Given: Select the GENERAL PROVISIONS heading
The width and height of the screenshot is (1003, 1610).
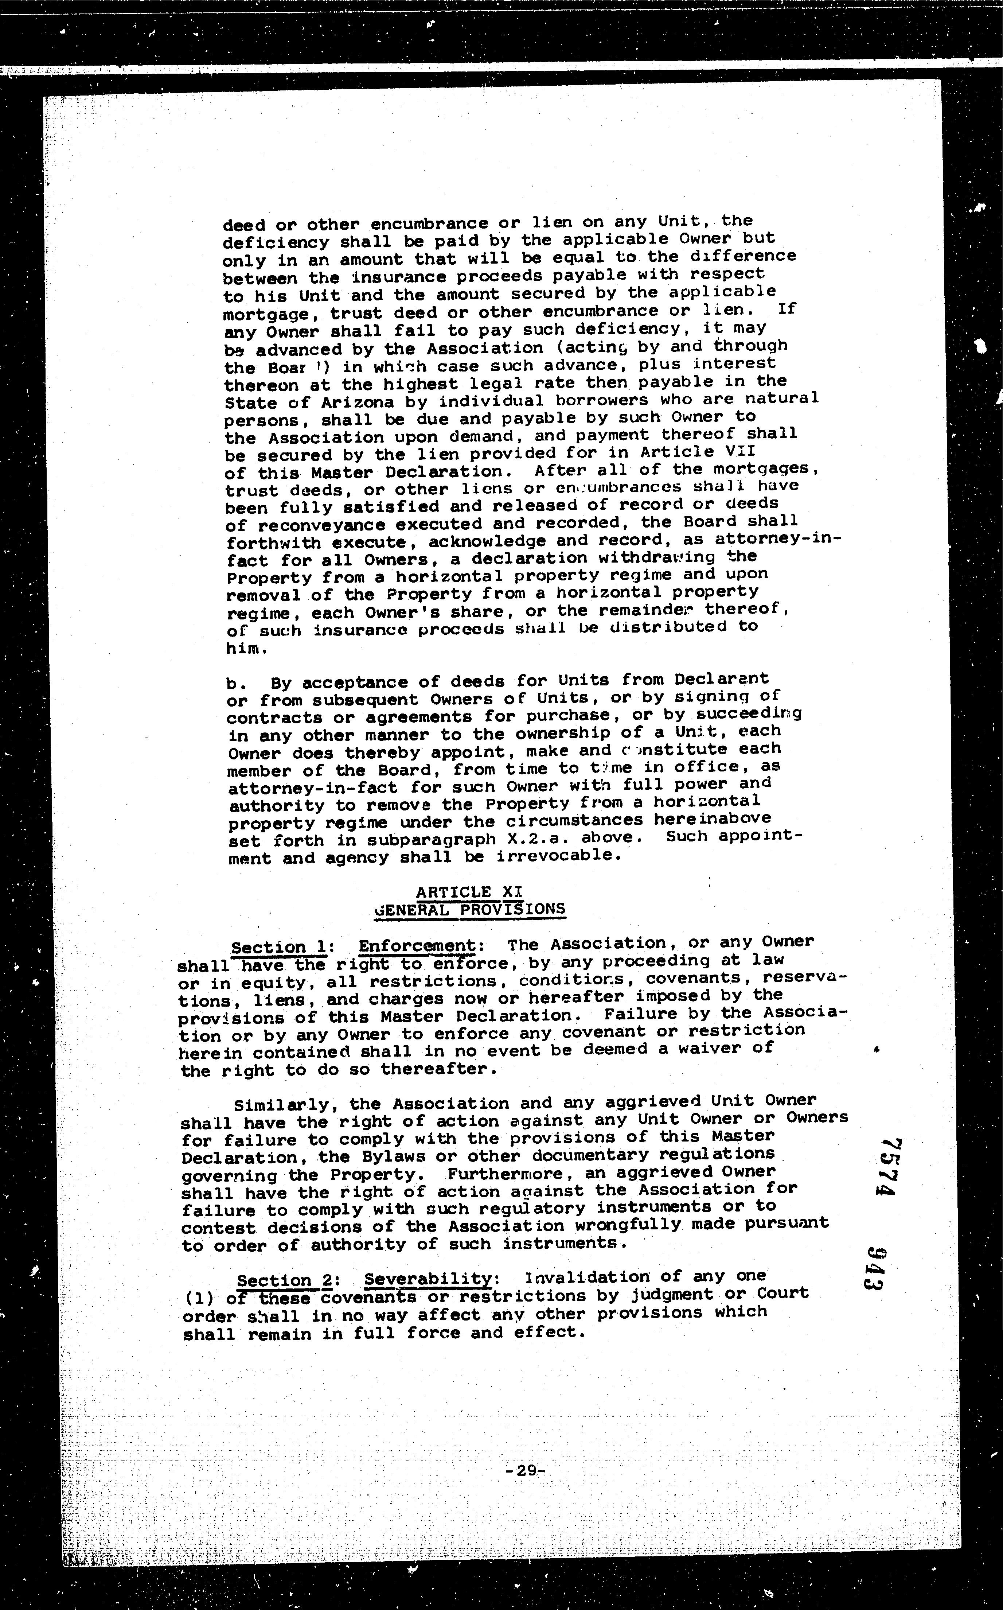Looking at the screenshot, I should coord(470,910).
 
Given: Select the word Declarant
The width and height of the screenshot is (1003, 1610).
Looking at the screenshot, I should coord(721,679).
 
